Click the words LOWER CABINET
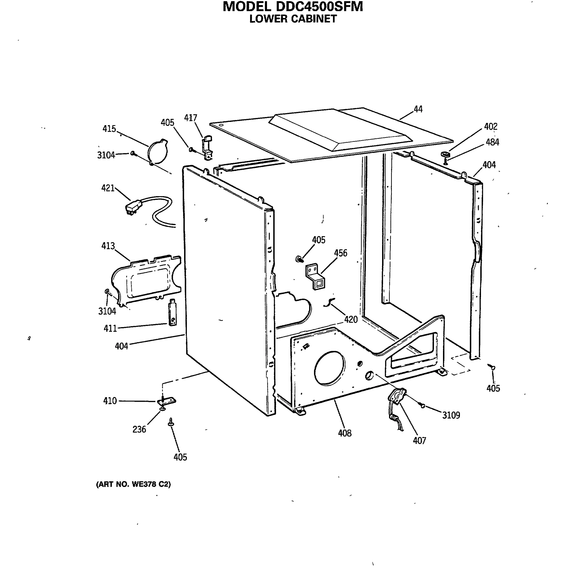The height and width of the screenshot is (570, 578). [293, 19]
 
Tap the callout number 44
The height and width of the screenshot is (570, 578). [418, 109]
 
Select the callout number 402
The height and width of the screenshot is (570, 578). [491, 127]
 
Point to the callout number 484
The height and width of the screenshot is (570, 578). [492, 142]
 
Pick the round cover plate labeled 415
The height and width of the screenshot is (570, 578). [159, 152]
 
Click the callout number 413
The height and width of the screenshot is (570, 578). [108, 246]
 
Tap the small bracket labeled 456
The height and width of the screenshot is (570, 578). [315, 276]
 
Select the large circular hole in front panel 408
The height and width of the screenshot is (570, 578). [329, 368]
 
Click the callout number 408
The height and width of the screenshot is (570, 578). [345, 433]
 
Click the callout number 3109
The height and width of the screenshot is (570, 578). [451, 415]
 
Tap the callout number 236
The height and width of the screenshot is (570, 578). [139, 429]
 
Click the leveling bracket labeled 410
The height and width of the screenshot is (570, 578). [166, 401]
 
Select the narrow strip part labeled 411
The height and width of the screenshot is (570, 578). [173, 312]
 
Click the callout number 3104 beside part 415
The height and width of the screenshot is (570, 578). [106, 155]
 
